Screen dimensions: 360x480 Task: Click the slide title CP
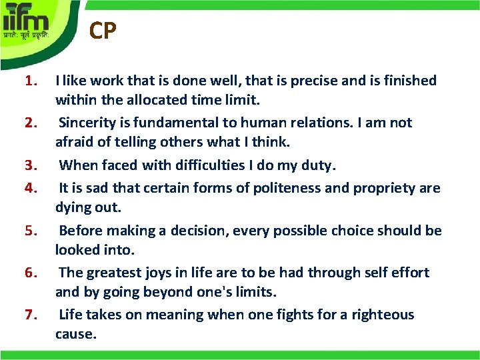[x=103, y=31]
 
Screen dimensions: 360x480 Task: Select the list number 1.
[x=29, y=81]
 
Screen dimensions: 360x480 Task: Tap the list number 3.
[x=29, y=165]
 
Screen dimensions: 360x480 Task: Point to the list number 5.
[x=29, y=231]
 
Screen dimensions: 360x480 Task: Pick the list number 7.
[x=29, y=315]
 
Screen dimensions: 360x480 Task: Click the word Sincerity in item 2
[x=89, y=123]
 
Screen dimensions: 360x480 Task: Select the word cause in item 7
[x=75, y=334]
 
